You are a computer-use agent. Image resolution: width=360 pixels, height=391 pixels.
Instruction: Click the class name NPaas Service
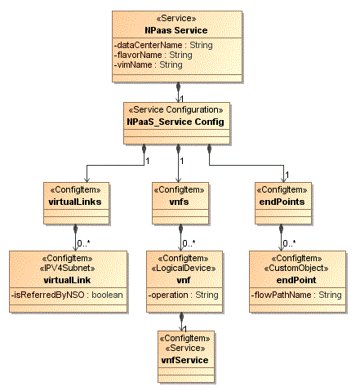pyautogui.click(x=177, y=29)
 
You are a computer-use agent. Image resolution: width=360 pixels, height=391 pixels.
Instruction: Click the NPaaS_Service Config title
pyautogui.click(x=177, y=121)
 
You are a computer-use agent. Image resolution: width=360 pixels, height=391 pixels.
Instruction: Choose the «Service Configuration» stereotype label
pyautogui.click(x=177, y=109)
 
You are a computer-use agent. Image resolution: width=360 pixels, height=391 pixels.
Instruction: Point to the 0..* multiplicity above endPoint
pyautogui.click(x=290, y=243)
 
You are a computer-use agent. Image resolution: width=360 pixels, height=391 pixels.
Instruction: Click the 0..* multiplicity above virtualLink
pyautogui.click(x=83, y=243)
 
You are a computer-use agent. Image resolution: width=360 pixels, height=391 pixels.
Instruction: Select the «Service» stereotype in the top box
pyautogui.click(x=177, y=18)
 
